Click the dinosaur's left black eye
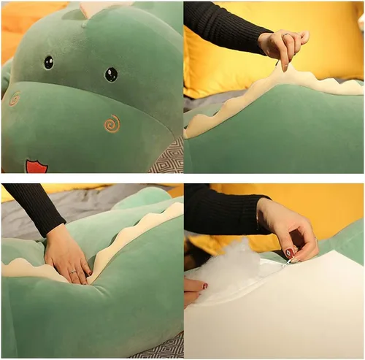49,62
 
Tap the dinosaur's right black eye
111,74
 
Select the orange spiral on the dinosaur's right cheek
112,123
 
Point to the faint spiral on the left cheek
14,99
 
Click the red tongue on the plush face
36,166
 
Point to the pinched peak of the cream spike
287,69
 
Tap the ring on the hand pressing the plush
73,272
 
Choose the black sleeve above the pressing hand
33,208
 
